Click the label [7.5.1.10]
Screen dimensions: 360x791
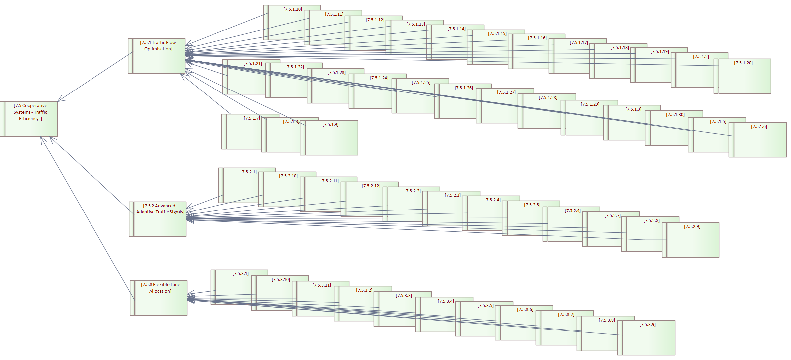(x=293, y=9)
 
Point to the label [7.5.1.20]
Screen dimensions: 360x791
(x=743, y=63)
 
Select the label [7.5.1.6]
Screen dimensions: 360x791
(x=759, y=127)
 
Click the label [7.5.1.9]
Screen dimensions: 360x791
(x=330, y=125)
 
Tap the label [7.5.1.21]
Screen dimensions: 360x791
(x=253, y=64)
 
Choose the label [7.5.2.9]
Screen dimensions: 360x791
(x=692, y=227)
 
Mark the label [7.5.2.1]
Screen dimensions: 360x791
(x=248, y=172)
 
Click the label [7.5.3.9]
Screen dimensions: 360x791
(x=647, y=325)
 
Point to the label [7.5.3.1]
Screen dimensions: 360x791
(x=240, y=274)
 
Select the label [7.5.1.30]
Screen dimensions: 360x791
(x=675, y=115)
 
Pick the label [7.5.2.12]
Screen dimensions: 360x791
(x=371, y=186)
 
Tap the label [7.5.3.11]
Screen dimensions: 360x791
(x=322, y=285)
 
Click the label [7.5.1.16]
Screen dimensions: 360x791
(x=537, y=38)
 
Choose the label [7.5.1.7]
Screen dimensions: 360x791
(x=252, y=118)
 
